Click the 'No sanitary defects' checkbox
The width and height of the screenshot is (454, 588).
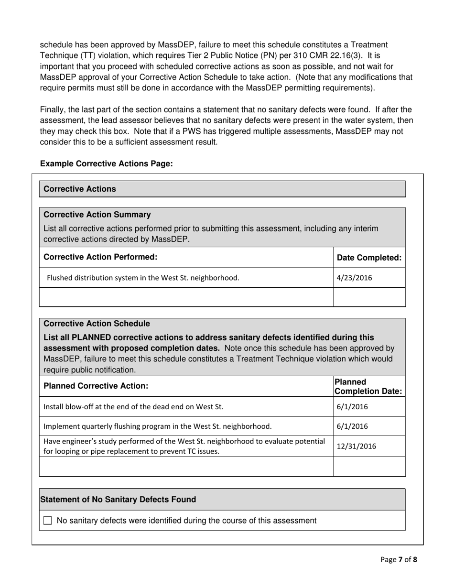(x=47, y=521)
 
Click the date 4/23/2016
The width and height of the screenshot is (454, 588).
(x=354, y=278)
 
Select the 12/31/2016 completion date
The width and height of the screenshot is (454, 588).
(x=356, y=446)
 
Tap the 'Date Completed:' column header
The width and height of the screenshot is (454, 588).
(x=369, y=258)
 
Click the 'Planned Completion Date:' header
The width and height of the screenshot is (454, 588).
(x=368, y=386)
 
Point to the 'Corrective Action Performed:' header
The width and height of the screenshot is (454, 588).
(x=100, y=257)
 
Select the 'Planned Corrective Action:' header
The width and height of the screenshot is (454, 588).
(x=96, y=386)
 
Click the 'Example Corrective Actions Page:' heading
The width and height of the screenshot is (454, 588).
(x=106, y=163)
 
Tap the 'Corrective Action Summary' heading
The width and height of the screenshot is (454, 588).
(x=97, y=215)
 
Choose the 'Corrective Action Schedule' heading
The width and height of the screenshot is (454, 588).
(x=97, y=324)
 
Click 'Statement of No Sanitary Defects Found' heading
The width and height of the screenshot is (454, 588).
(x=118, y=500)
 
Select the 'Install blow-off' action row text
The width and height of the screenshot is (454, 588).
(x=133, y=407)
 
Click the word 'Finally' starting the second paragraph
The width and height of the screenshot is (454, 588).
(x=53, y=109)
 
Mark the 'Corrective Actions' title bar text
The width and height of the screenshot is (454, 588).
(x=80, y=189)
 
